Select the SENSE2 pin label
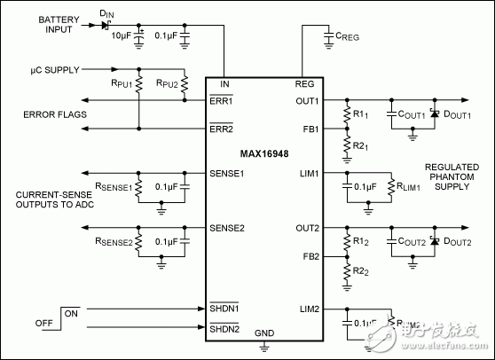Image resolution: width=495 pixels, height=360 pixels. (x=228, y=228)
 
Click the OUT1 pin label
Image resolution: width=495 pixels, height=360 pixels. (x=306, y=100)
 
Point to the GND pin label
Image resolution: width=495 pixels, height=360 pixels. (x=264, y=334)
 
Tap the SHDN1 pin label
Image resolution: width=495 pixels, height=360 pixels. (x=226, y=308)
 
